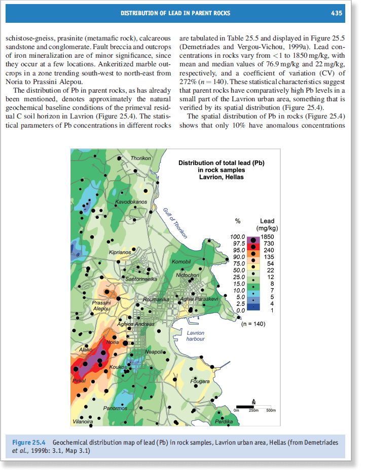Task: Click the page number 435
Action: click(337, 13)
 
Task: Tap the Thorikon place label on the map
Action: click(141, 159)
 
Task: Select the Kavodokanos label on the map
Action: click(131, 202)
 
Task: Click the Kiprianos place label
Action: click(120, 252)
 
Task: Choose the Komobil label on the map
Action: click(181, 261)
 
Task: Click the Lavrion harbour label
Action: click(196, 336)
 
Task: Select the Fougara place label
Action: click(199, 381)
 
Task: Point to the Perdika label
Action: click(224, 421)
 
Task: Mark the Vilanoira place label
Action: click(83, 421)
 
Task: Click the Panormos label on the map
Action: click(115, 408)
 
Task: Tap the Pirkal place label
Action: click(79, 380)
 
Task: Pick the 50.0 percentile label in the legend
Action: click(237, 270)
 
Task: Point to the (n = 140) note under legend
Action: click(254, 323)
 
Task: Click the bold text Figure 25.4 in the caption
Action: click(29, 442)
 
